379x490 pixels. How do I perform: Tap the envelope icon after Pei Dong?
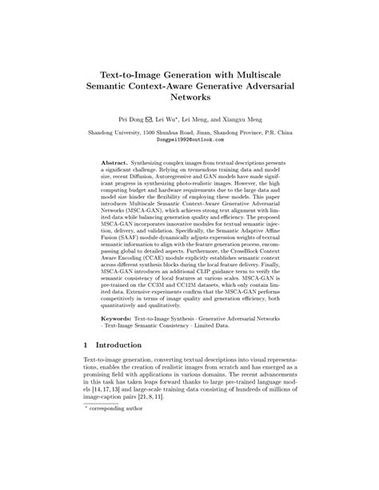click(155, 118)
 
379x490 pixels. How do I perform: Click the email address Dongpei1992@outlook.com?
click(189, 138)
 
